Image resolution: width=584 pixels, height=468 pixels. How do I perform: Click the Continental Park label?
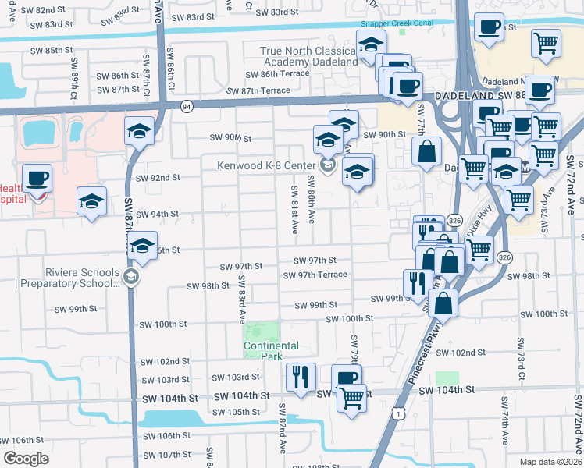tap(271, 351)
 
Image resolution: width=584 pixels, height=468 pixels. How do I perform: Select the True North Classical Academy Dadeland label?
tap(309, 56)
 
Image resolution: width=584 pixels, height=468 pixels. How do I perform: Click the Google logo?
tap(26, 459)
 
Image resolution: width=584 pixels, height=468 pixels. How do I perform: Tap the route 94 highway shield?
tap(187, 107)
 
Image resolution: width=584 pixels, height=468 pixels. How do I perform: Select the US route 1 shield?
tap(398, 415)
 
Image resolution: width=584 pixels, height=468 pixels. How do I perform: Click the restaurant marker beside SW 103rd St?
tap(301, 377)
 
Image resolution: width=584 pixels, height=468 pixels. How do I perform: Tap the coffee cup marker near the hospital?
tap(37, 179)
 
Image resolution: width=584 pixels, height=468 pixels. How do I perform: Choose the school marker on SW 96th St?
tap(142, 246)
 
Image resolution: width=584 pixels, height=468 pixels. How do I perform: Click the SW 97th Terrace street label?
tap(315, 275)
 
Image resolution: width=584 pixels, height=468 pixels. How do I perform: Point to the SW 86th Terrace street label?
tap(277, 74)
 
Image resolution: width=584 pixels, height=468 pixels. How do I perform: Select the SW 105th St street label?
tap(238, 412)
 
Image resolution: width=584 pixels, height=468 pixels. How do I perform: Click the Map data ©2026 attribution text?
tap(550, 461)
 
